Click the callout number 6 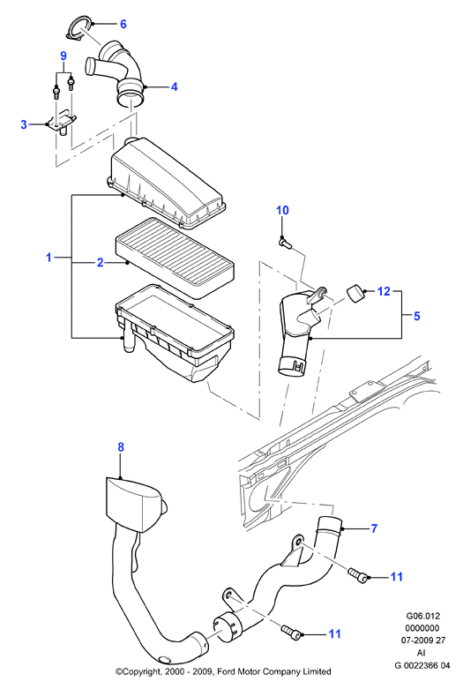[x=123, y=24]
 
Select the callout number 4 [x=174, y=86]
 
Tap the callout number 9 [x=63, y=56]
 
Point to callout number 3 [x=24, y=124]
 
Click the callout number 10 [x=282, y=211]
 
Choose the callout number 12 [x=384, y=291]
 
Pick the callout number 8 [x=121, y=447]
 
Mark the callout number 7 [x=374, y=528]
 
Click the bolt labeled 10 [x=286, y=242]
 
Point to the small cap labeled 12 [x=356, y=294]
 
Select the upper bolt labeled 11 [x=357, y=575]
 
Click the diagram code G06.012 [x=422, y=616]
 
